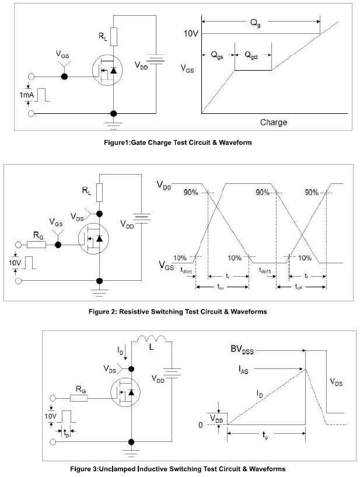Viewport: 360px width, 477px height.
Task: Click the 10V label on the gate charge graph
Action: coord(192,34)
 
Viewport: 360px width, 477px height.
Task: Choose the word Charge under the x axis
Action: coord(273,123)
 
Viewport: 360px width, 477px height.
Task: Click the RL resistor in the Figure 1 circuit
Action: coord(114,36)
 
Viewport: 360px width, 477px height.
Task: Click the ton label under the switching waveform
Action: coord(221,288)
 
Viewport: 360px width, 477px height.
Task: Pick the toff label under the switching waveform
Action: coord(299,288)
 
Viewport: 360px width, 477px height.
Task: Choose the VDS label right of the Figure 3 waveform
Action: coord(337,384)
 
